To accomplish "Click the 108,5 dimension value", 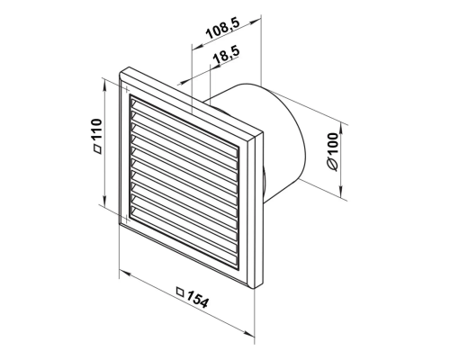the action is tap(222, 30).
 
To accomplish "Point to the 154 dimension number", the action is tap(196, 298).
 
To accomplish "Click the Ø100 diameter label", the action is tap(333, 152).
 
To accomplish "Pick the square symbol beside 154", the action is tap(180, 292).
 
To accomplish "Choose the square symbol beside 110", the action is tap(97, 149).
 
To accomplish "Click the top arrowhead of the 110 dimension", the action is tap(104, 87).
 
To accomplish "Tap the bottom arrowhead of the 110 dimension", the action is tap(104, 201).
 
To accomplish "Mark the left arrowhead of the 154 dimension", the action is tap(125, 274).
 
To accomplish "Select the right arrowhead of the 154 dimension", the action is tap(249, 333).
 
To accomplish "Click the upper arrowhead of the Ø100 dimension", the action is tap(341, 128).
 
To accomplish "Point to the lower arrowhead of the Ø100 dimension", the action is tap(341, 193).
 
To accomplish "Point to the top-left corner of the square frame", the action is tap(120, 73).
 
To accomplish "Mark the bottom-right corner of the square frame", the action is tap(254, 289).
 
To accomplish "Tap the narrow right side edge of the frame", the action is tap(258, 210).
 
